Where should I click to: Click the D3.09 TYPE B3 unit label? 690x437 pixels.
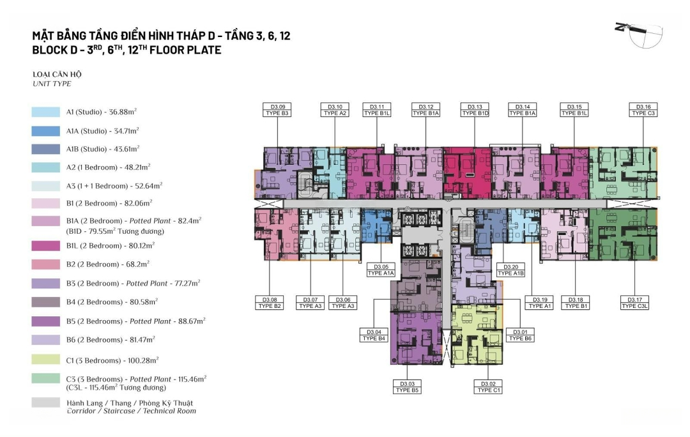[x=277, y=110]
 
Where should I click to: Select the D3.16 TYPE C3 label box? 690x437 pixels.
[x=643, y=110]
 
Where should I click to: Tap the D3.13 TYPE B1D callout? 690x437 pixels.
[x=475, y=110]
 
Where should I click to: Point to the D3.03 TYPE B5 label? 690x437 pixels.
[x=406, y=387]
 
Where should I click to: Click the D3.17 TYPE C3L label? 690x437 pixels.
[x=634, y=303]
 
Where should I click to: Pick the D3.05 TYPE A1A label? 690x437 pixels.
[x=381, y=270]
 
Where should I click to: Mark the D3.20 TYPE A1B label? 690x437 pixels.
[x=510, y=270]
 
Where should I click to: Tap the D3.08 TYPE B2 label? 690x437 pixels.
[x=270, y=303]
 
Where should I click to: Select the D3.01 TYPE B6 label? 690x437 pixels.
[x=519, y=335]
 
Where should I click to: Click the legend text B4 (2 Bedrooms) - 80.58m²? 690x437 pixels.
[x=112, y=302]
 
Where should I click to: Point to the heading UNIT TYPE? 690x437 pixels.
[x=52, y=84]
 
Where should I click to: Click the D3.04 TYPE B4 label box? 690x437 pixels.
[x=374, y=335]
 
